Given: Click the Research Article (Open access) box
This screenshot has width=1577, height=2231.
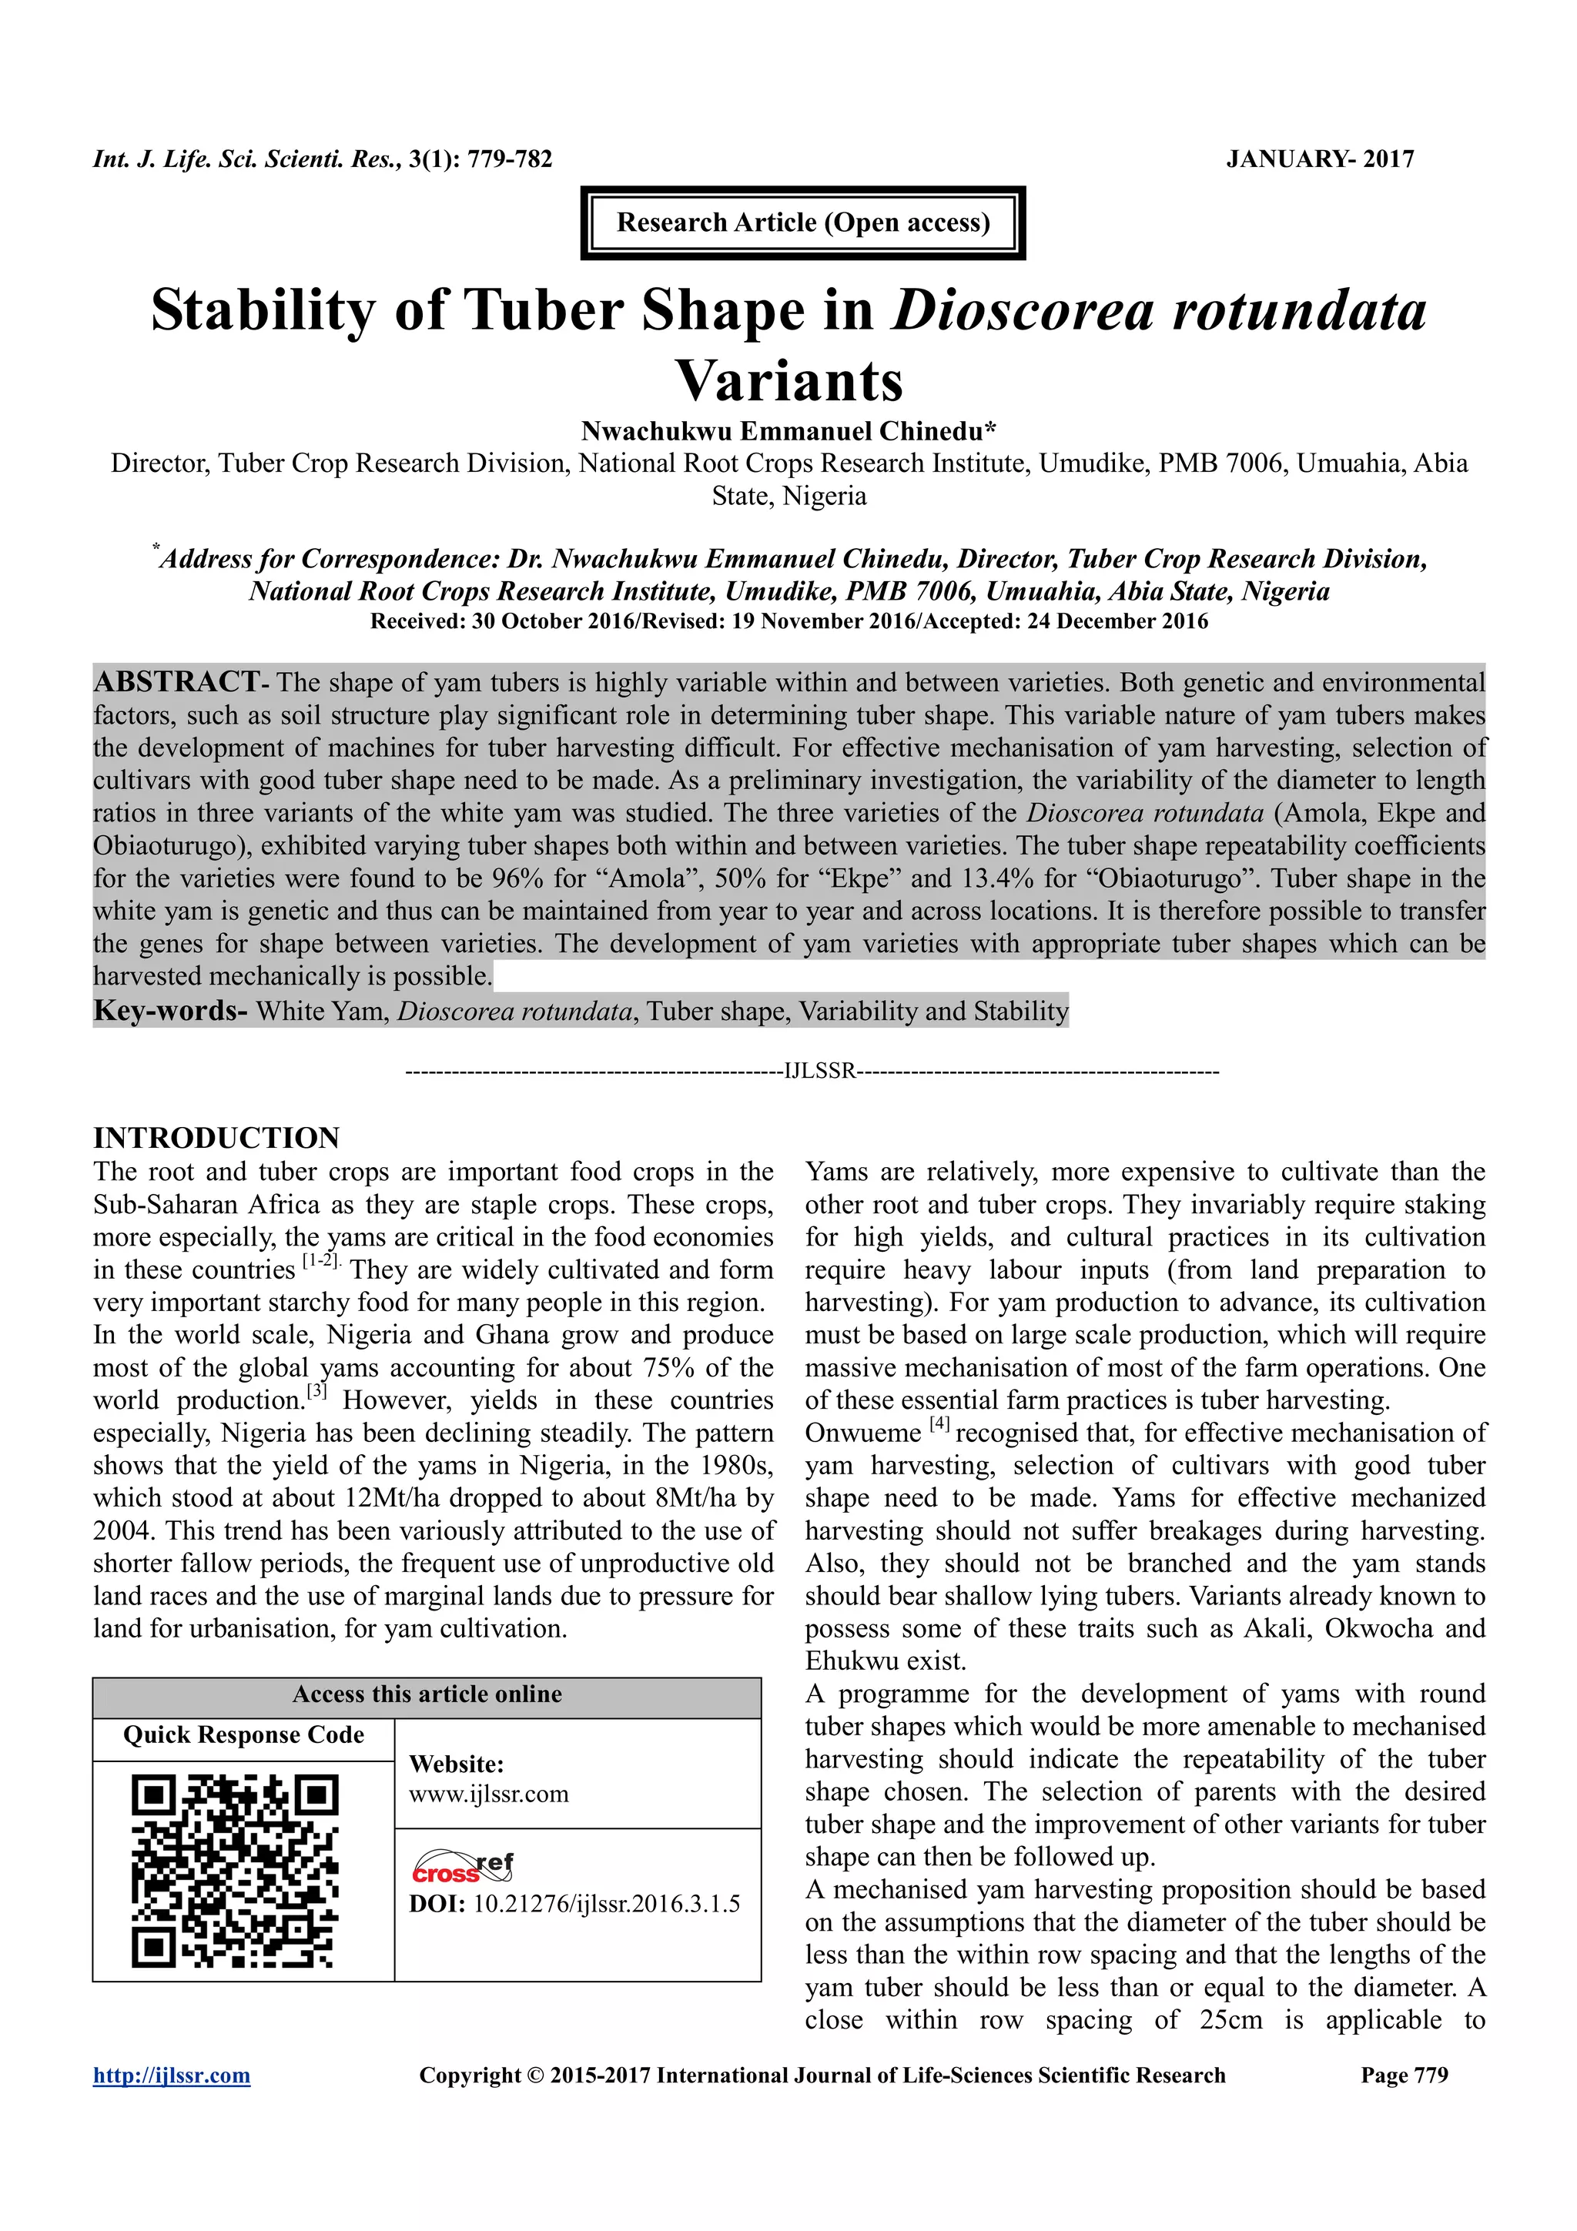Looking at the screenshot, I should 802,222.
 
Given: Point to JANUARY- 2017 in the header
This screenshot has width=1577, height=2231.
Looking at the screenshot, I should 1320,159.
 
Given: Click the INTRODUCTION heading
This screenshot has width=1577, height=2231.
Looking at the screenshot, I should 216,1138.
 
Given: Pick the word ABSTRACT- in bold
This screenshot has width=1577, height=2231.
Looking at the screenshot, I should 179,682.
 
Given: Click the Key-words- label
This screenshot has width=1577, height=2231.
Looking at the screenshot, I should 170,1012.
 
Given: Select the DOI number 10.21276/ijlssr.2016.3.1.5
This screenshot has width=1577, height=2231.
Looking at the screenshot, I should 606,1904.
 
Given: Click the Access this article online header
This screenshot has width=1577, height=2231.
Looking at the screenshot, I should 427,1694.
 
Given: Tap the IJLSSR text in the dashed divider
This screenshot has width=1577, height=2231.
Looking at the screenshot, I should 819,1072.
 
